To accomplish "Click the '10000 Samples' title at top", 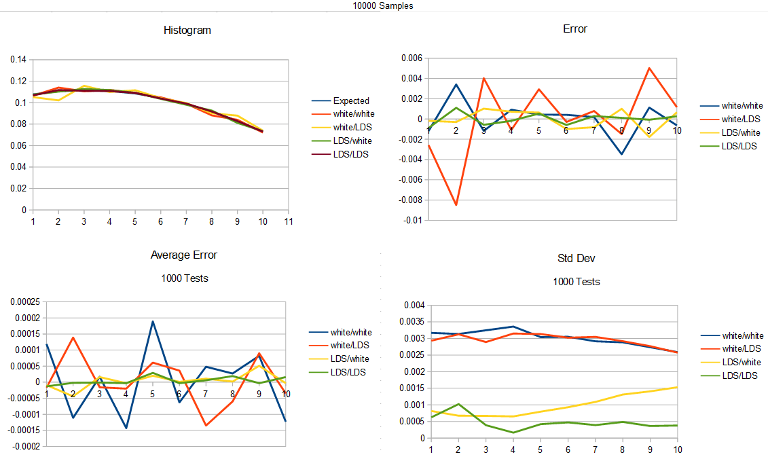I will (383, 5).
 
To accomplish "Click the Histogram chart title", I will (187, 31).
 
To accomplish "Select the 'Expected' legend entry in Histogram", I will (351, 100).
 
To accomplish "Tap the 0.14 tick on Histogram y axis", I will (18, 60).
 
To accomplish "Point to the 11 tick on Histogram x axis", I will (288, 221).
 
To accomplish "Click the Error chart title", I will (575, 29).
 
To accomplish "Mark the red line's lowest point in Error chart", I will (456, 205).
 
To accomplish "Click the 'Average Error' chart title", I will (184, 255).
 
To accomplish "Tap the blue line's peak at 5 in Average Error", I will (153, 321).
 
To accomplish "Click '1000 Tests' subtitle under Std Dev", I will (576, 282).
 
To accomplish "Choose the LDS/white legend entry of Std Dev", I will (742, 363).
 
